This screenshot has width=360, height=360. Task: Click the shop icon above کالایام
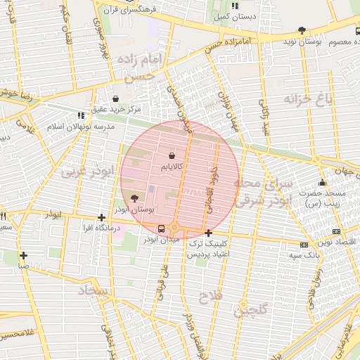(173, 154)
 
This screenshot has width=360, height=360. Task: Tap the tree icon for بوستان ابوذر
(135, 198)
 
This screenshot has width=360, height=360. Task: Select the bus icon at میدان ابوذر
(162, 229)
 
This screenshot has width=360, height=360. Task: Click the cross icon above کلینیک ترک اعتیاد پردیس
(208, 233)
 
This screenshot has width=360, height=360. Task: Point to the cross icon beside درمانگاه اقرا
(102, 217)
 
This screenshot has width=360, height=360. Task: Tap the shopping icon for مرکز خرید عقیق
(115, 98)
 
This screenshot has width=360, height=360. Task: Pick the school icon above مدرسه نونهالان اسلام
(80, 115)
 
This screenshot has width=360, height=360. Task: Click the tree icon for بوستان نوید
(302, 30)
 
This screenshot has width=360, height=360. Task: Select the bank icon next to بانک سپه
(304, 245)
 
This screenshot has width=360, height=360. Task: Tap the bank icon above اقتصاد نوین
(337, 231)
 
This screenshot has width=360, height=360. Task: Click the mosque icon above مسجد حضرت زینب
(323, 183)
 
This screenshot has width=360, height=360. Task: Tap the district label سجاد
(92, 289)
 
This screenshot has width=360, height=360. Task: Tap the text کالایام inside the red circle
(173, 167)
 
